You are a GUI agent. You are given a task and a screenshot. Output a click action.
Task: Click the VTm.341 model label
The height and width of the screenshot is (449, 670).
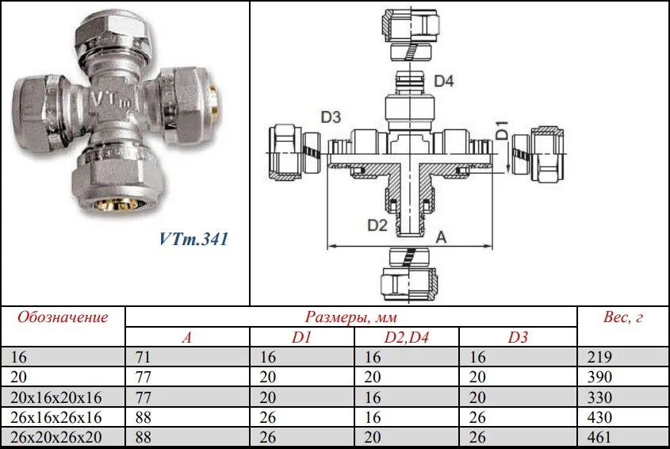[193, 239]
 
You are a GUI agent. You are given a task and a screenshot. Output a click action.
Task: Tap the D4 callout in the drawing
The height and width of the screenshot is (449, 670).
[443, 81]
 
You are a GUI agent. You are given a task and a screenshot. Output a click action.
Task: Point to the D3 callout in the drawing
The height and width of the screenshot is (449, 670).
[331, 117]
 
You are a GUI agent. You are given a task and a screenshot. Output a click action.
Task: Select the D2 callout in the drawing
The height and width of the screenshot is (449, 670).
[377, 225]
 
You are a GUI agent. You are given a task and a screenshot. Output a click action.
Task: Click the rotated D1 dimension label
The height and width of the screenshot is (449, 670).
[502, 130]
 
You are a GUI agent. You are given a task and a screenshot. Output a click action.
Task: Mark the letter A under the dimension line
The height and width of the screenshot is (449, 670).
[441, 237]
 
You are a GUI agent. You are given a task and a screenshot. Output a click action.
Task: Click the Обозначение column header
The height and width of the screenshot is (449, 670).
[63, 317]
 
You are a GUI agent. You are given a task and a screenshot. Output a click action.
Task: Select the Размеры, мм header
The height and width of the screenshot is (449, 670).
[350, 317]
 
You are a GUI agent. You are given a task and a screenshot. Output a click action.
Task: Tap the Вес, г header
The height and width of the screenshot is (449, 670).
[622, 317]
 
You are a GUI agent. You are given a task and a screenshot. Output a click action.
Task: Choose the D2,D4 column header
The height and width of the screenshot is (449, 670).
[406, 337]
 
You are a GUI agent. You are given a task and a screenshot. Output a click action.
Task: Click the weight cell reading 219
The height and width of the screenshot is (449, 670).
[599, 357]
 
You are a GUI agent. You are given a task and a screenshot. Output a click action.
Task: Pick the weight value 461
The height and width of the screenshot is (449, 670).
[599, 437]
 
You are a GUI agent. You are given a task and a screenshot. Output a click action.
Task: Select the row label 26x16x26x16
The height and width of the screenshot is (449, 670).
[56, 417]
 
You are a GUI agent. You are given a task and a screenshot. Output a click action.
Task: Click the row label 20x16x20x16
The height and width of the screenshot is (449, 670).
[56, 397]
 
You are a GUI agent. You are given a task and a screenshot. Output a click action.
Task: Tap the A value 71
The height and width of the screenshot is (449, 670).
[144, 357]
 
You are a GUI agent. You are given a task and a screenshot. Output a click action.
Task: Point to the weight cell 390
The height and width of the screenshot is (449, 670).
[599, 377]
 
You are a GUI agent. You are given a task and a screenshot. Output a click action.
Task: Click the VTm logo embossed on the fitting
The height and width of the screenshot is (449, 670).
[110, 100]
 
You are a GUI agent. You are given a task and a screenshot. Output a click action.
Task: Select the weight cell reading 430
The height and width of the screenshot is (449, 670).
[599, 417]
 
